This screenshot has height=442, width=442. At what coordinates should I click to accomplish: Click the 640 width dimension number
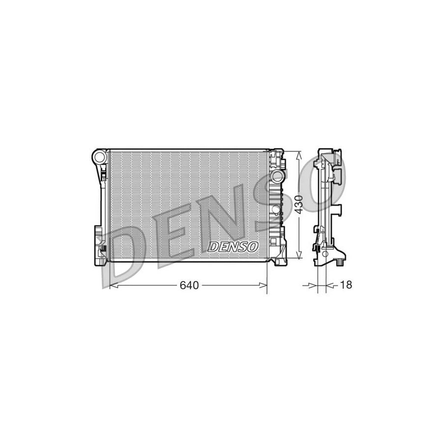[188, 285]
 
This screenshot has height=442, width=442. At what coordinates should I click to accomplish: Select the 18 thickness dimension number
[346, 285]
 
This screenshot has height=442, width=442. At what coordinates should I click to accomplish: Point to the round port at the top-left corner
[100, 158]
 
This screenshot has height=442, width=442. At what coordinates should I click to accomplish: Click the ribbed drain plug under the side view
[340, 263]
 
